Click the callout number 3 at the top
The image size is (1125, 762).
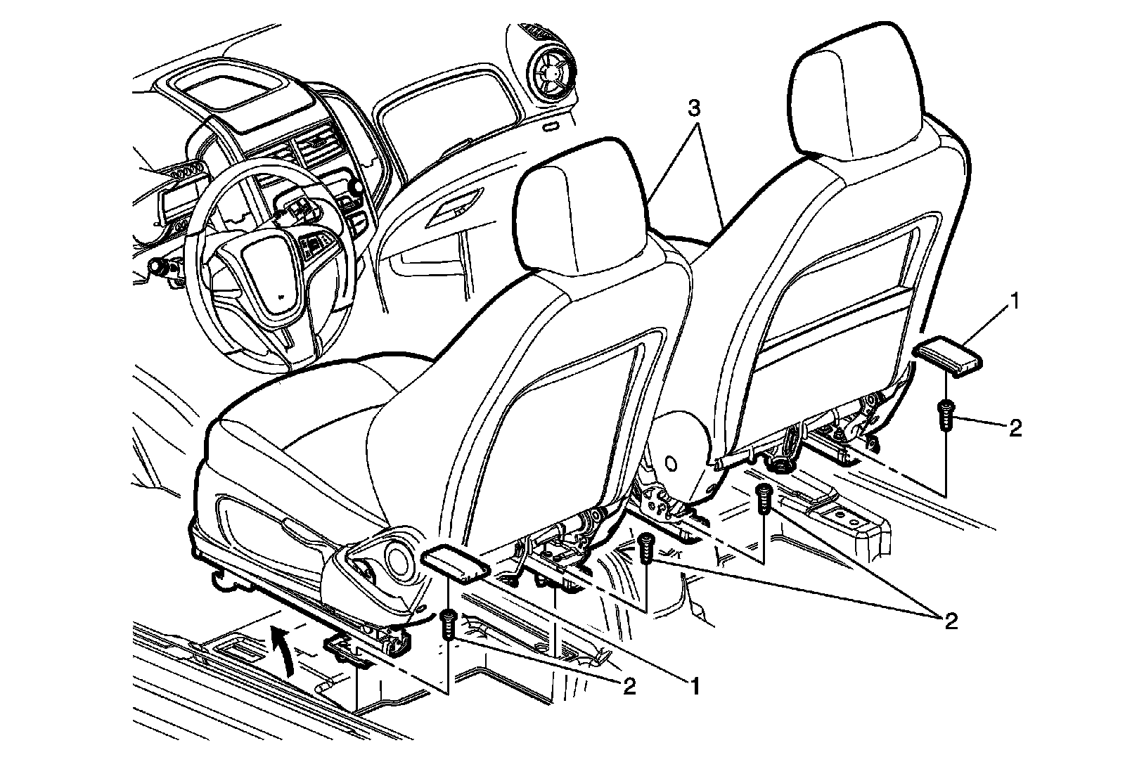coord(693,109)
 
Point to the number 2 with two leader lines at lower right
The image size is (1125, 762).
coord(951,620)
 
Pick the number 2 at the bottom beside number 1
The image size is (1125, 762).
coord(628,685)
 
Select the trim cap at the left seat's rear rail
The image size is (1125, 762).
coord(456,564)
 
